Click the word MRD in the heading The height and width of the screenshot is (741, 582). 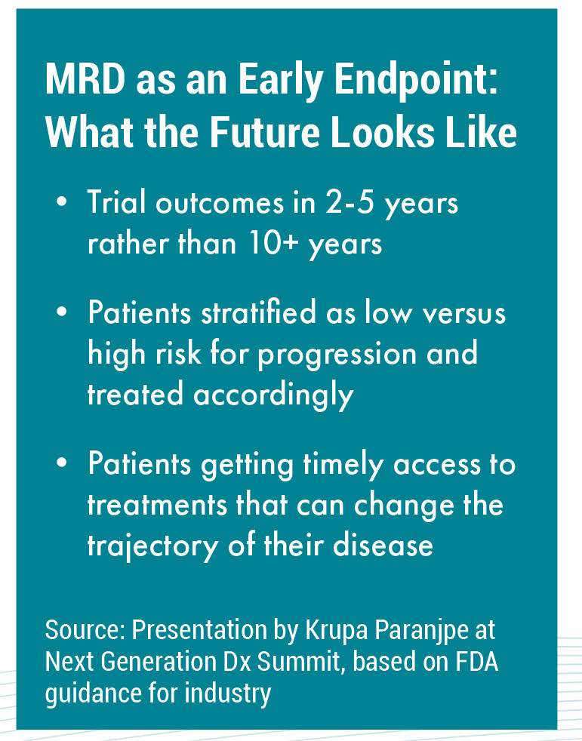tap(85, 78)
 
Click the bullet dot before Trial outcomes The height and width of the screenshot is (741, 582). tap(61, 201)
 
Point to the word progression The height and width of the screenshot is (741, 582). tap(337, 355)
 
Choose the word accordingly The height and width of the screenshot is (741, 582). tap(273, 395)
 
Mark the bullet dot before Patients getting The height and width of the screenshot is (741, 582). tap(61, 462)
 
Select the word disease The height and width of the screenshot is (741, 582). tap(383, 545)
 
